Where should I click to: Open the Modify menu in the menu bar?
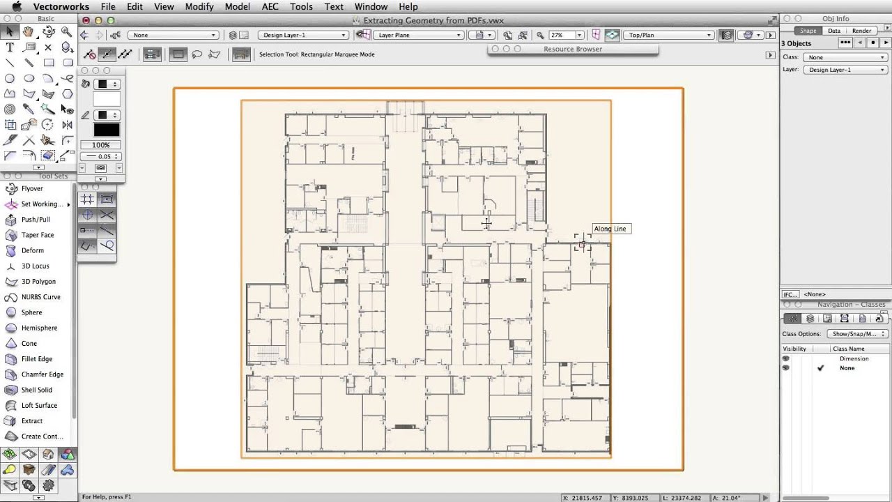(x=199, y=7)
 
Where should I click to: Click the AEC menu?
(x=270, y=7)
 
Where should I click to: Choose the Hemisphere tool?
(x=39, y=328)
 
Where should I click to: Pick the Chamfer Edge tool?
(x=42, y=374)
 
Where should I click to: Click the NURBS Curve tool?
(x=40, y=297)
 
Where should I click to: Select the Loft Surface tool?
(x=39, y=405)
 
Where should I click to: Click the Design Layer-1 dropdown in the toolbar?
(x=303, y=35)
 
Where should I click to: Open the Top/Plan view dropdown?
(x=668, y=35)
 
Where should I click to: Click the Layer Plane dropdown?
(x=418, y=35)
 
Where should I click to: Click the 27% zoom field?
(x=560, y=35)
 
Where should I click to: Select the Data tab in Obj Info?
(x=833, y=31)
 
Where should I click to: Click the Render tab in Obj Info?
(x=861, y=31)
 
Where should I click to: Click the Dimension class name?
(x=854, y=358)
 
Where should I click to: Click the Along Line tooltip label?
(x=610, y=229)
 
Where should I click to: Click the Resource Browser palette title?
(x=572, y=49)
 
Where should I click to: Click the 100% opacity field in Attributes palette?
(x=100, y=145)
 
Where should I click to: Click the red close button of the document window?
(x=86, y=21)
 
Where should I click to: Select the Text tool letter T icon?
(x=10, y=47)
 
